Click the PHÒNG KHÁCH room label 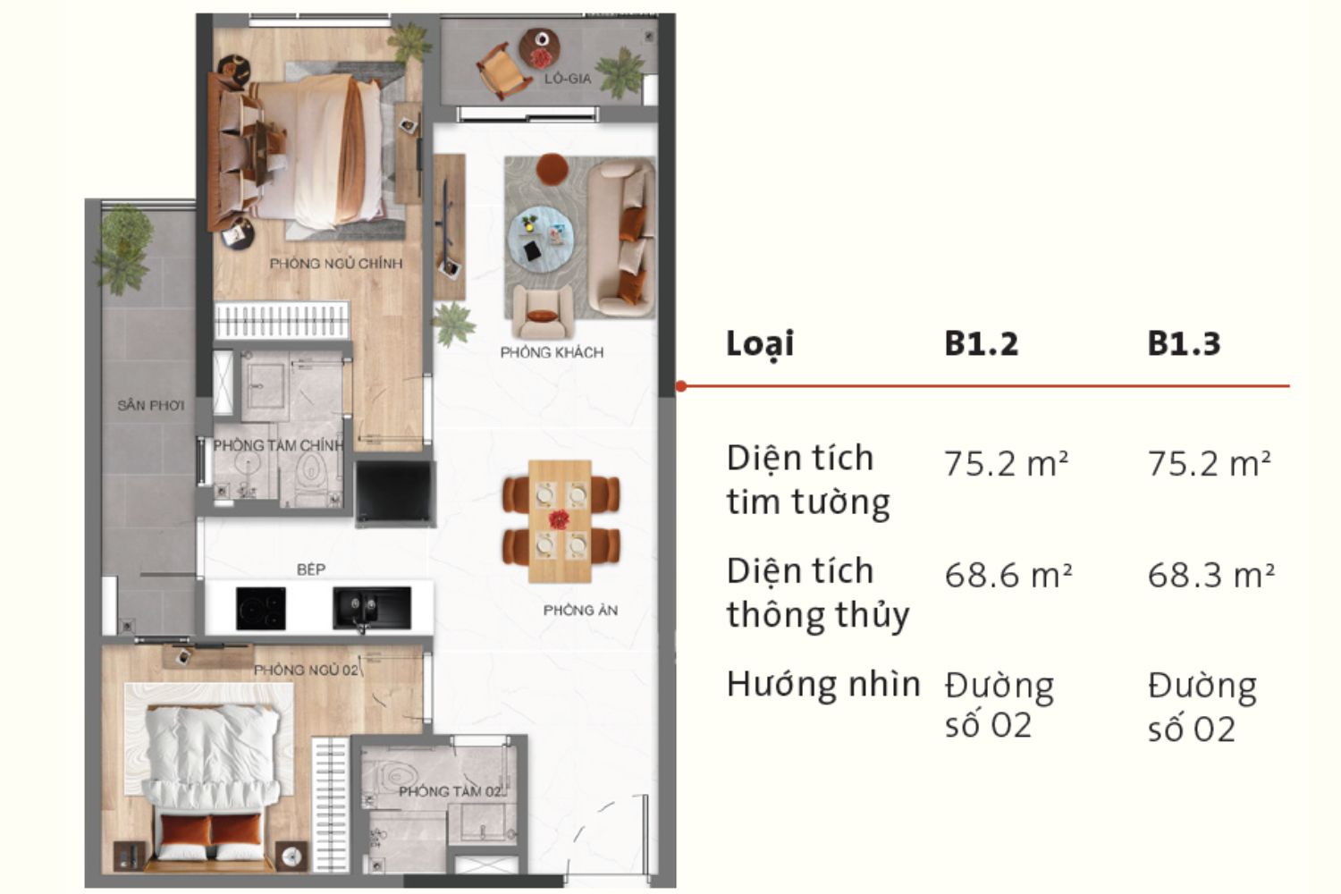(x=552, y=352)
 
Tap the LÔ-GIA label (x=568, y=79)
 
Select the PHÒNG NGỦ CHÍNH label (x=336, y=264)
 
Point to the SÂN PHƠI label (x=150, y=405)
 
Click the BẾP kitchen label (x=311, y=569)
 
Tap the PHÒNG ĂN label (x=580, y=611)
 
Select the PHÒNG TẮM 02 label (x=451, y=791)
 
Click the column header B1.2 (x=981, y=343)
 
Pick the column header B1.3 (x=1184, y=343)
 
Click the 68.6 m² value (x=1008, y=575)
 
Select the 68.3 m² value (x=1210, y=575)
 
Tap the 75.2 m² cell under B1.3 (x=1209, y=464)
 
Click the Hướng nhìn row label (x=822, y=685)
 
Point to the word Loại (x=760, y=344)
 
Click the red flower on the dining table (x=560, y=518)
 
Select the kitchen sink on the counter (x=371, y=608)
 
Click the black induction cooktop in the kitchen (x=261, y=608)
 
